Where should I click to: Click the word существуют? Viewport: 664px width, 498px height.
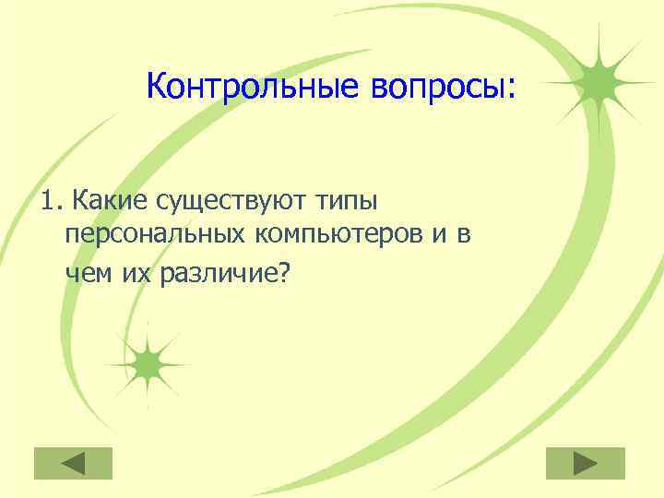click(x=231, y=200)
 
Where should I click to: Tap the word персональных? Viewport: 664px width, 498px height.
click(x=154, y=236)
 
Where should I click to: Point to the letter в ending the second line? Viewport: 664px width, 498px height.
click(x=464, y=237)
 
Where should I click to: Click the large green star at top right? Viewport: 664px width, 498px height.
click(x=598, y=82)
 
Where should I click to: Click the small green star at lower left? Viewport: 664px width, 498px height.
click(x=146, y=365)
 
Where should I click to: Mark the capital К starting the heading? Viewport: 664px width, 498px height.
click(x=156, y=88)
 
